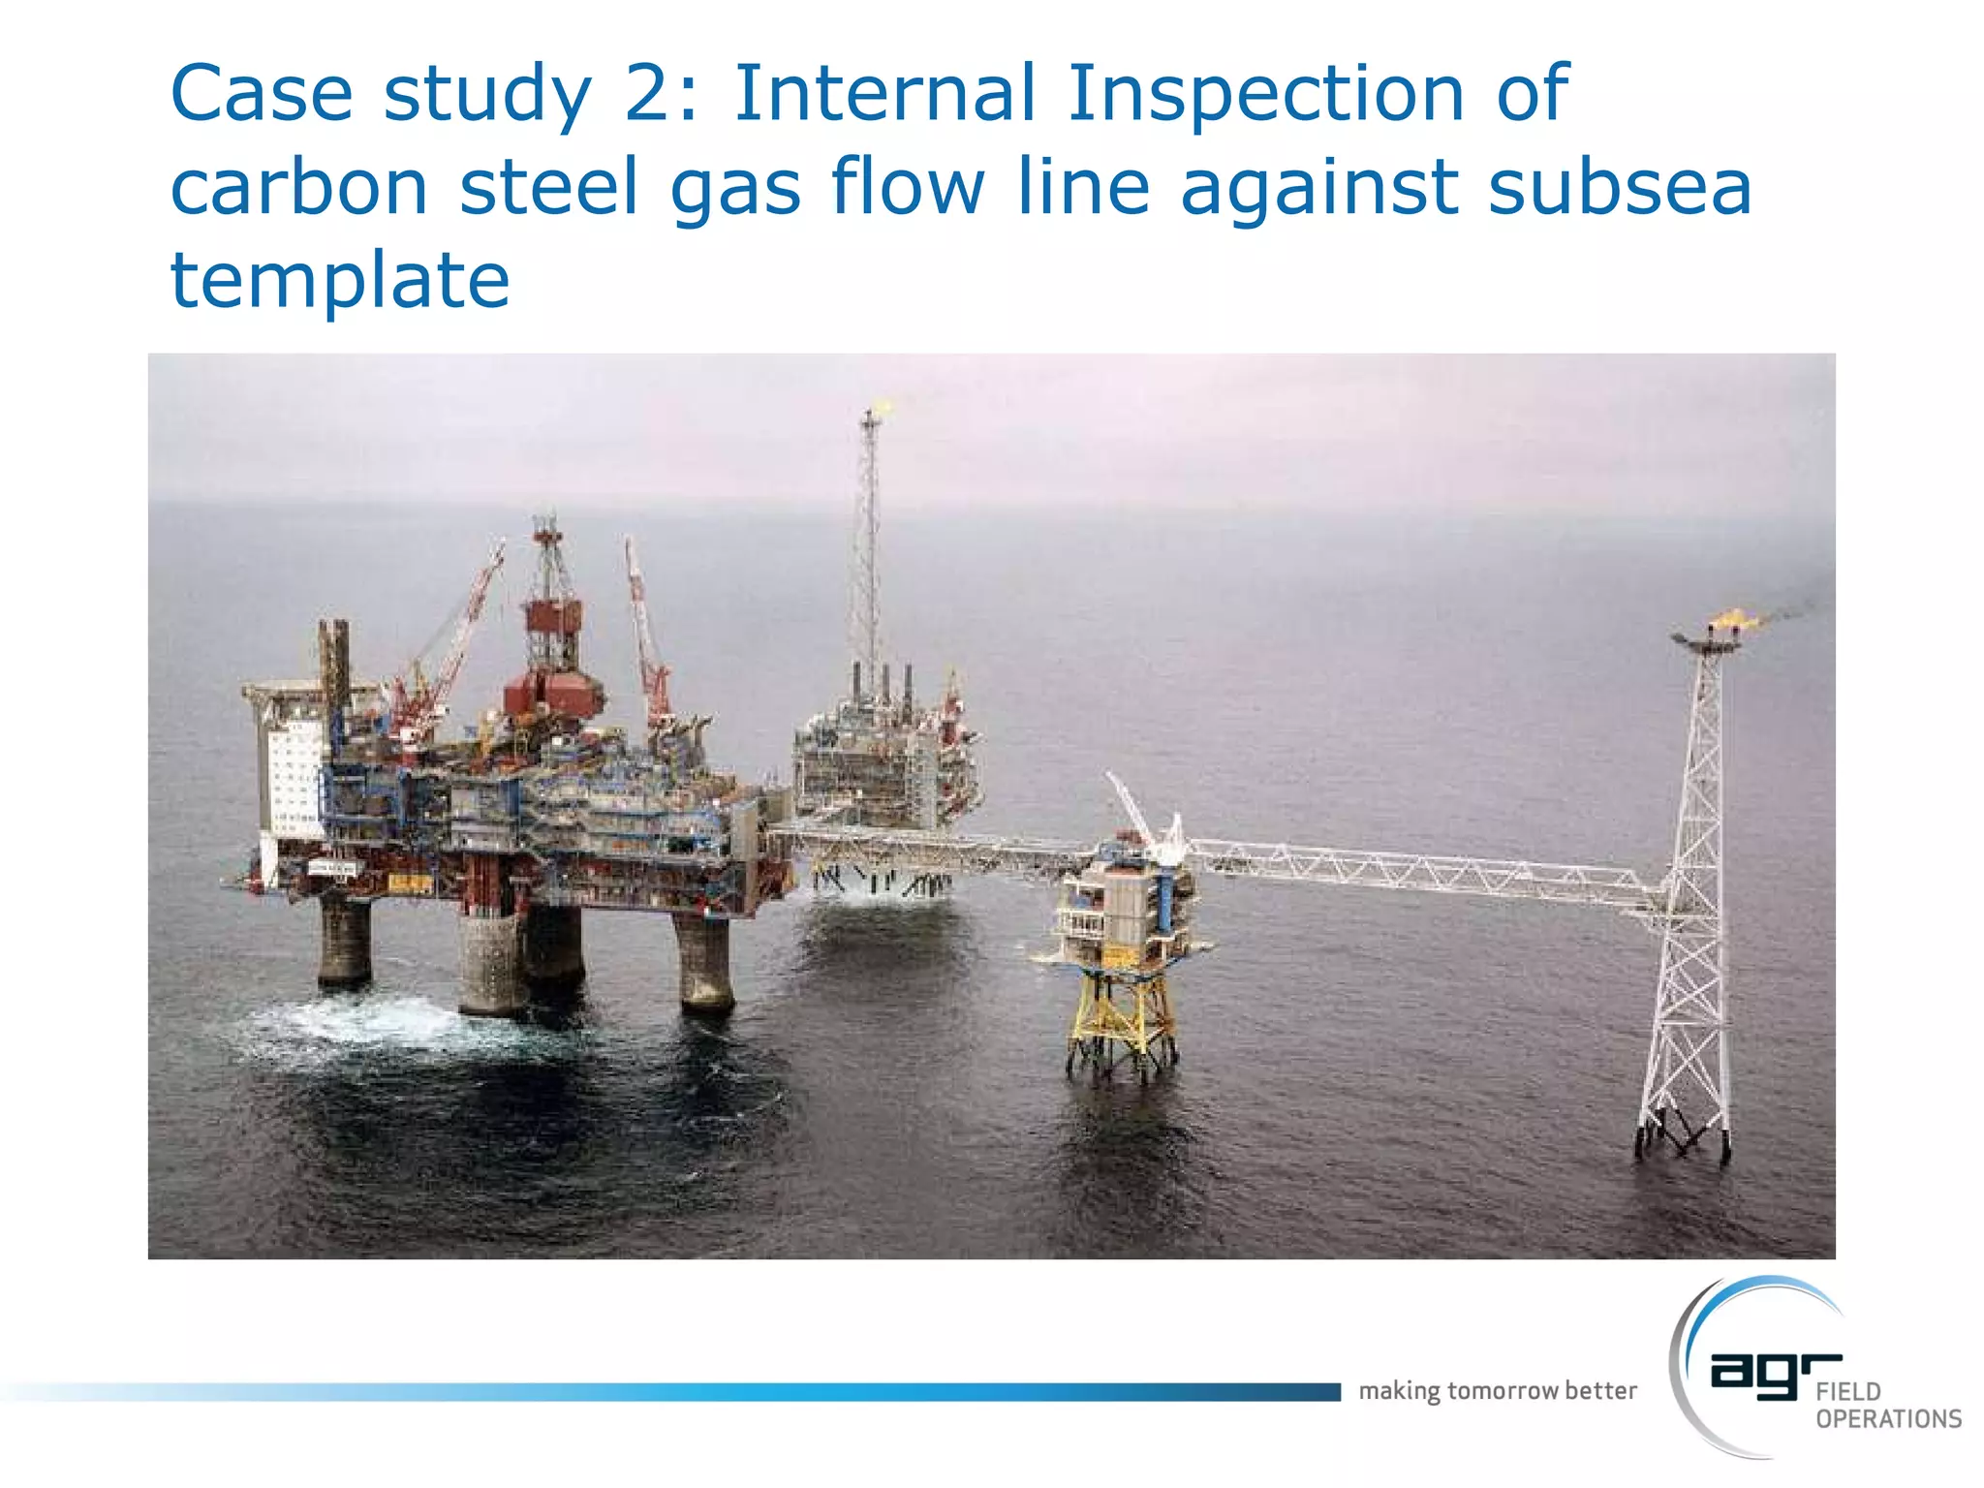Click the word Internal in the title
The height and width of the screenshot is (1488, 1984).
pos(884,94)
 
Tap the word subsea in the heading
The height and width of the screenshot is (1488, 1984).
pos(1619,187)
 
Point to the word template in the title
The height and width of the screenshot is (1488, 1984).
pos(340,281)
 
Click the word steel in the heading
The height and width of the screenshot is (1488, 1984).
pos(549,187)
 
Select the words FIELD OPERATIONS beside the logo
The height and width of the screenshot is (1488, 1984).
pos(1887,1406)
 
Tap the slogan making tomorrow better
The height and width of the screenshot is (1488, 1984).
pos(1497,1391)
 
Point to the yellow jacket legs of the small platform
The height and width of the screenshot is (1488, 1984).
pos(1122,1022)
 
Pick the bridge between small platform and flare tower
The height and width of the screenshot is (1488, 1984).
pos(1424,870)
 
